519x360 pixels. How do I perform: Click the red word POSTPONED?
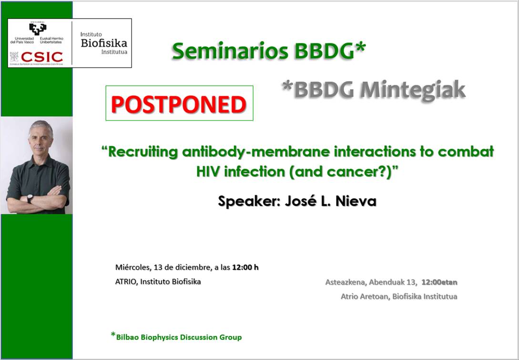(x=179, y=104)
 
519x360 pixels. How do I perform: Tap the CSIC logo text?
(x=42, y=57)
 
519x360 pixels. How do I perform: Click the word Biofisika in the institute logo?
(x=104, y=43)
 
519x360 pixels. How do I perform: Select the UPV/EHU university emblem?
(x=37, y=29)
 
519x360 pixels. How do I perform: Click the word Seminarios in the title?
(x=226, y=51)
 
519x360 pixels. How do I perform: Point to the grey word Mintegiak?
(x=413, y=90)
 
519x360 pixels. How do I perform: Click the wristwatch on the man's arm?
(x=30, y=199)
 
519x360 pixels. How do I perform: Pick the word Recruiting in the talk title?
(x=143, y=152)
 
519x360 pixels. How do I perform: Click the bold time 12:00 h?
(x=245, y=267)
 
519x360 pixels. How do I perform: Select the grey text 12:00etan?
(x=439, y=282)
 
